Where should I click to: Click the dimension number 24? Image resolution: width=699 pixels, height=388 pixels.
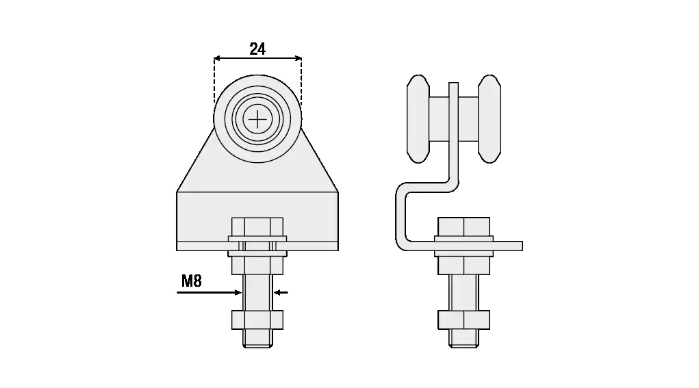(257, 49)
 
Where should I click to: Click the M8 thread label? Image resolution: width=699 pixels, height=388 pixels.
(192, 281)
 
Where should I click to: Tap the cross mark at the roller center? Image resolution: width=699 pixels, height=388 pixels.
(257, 119)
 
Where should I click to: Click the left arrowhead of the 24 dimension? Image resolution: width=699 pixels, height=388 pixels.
(217, 58)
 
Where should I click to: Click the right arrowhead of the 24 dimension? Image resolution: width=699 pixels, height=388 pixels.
(298, 58)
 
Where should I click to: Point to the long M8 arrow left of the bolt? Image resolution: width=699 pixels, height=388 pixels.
(209, 293)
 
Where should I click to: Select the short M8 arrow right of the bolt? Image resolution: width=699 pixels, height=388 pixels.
(281, 293)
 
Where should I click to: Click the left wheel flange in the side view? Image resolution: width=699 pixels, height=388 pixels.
(418, 119)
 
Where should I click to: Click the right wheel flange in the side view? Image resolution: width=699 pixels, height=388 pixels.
(490, 119)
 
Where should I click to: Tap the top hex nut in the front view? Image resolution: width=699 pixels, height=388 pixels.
(257, 227)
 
